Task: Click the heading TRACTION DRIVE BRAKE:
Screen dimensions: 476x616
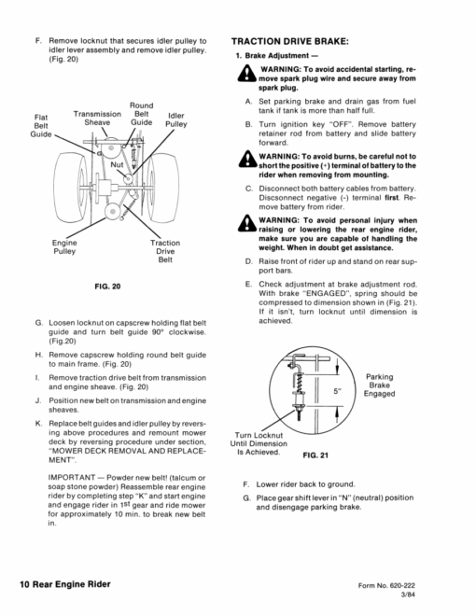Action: [x=290, y=42]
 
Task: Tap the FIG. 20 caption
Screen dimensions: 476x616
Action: [x=107, y=287]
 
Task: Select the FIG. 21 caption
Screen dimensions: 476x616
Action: [x=315, y=455]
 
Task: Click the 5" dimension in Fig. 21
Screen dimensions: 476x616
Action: [x=337, y=391]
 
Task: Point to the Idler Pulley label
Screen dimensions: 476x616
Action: [x=176, y=119]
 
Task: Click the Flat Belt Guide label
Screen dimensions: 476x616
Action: [x=41, y=126]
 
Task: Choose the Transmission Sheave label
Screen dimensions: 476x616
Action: [x=97, y=119]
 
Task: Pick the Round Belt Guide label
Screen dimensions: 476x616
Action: [x=141, y=114]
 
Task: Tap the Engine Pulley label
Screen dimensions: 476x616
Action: [x=64, y=247]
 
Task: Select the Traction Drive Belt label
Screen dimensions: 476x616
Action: [x=165, y=251]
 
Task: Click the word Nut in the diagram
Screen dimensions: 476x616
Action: [x=117, y=164]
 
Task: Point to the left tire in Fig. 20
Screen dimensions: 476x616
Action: [x=71, y=188]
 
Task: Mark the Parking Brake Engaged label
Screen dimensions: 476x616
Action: [x=379, y=385]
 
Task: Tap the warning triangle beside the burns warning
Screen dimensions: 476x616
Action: [x=247, y=159]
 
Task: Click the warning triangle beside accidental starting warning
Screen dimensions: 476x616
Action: [x=247, y=73]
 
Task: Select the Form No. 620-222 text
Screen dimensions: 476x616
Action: [x=386, y=586]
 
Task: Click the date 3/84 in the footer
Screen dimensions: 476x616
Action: [x=408, y=595]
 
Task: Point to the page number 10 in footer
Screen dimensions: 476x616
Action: [x=24, y=584]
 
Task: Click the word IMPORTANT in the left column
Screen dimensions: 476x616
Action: [x=72, y=478]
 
